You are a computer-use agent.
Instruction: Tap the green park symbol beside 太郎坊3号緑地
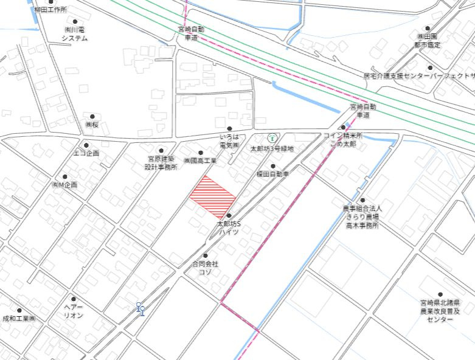(x=271, y=137)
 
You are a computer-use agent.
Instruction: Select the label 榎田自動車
(x=272, y=174)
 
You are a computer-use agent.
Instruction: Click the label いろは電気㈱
(x=229, y=142)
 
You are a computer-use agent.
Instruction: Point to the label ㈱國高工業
(x=200, y=161)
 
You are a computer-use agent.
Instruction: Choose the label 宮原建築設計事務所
(x=161, y=162)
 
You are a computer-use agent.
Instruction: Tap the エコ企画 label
(x=86, y=153)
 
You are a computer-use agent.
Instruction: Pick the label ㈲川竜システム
(x=74, y=33)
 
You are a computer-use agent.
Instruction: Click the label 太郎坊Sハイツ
(x=229, y=228)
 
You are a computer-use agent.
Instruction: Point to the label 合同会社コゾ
(x=205, y=268)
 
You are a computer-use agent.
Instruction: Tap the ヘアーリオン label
(x=74, y=312)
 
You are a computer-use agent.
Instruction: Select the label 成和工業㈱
(x=19, y=318)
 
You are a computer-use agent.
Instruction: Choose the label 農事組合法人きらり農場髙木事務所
(x=362, y=216)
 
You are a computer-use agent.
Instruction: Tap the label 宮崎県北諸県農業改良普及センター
(x=440, y=310)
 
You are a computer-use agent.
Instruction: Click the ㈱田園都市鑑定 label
(x=427, y=40)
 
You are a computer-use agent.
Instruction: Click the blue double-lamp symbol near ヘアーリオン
(x=140, y=309)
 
